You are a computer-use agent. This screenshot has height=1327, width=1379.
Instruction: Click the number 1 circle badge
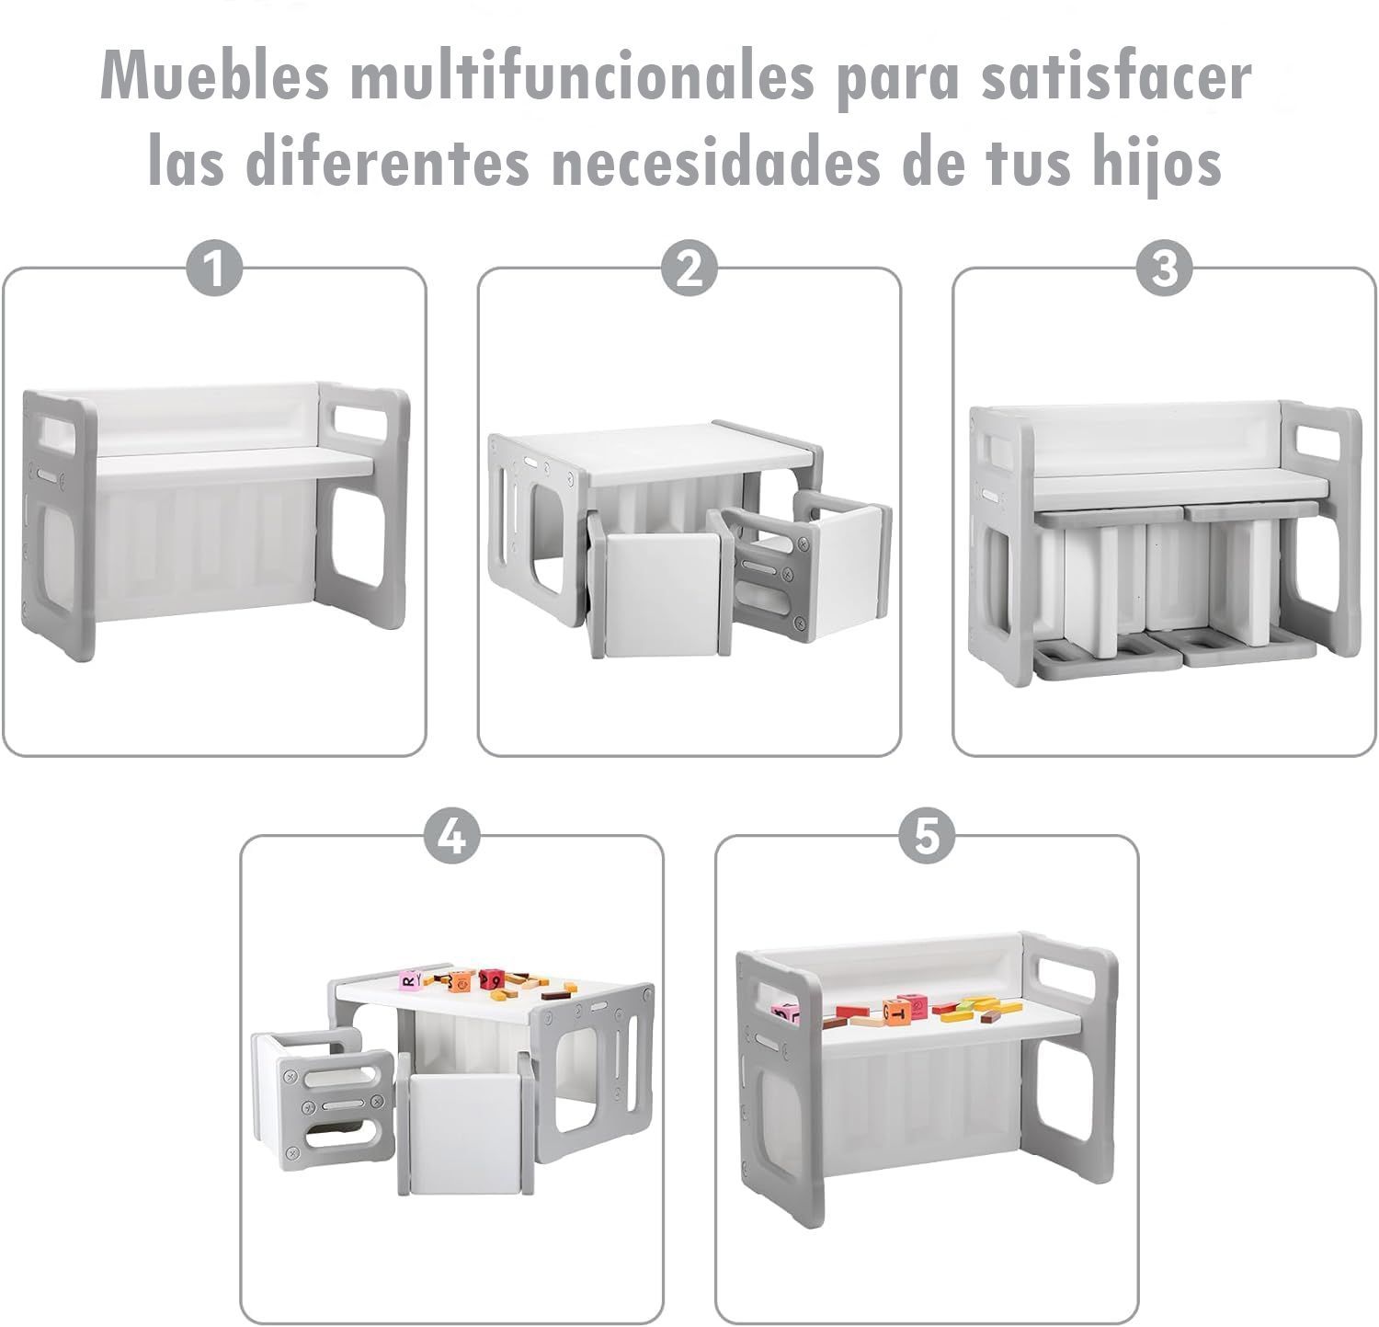pos(214,270)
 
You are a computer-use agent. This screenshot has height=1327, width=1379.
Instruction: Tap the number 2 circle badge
pos(689,270)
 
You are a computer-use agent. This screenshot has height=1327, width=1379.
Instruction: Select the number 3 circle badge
pos(1164,270)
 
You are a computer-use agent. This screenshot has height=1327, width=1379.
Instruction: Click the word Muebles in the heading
pos(215,77)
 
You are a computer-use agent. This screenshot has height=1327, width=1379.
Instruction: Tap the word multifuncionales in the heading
pos(582,77)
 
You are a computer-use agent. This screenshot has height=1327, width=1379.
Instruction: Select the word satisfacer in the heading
pos(1114,77)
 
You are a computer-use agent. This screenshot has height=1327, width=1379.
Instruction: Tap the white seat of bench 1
pos(234,463)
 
